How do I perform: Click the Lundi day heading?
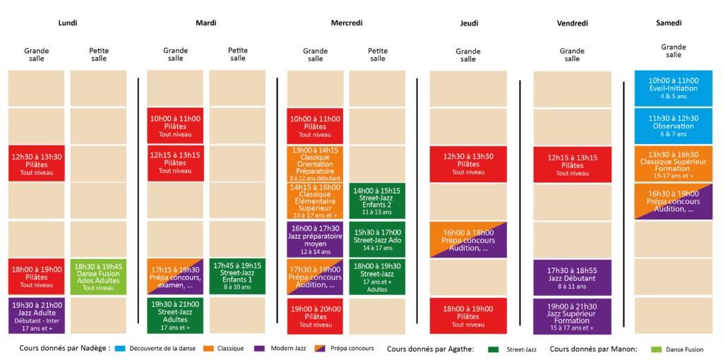pyautogui.click(x=67, y=23)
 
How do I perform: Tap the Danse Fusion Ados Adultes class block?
pyautogui.click(x=98, y=277)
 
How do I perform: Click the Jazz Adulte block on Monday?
pyautogui.click(x=37, y=316)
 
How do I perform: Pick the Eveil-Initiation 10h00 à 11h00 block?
pyautogui.click(x=674, y=88)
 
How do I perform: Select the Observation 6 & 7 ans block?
pyautogui.click(x=674, y=126)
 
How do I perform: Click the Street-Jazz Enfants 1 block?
pyautogui.click(x=237, y=276)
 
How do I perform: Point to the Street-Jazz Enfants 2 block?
pyautogui.click(x=377, y=201)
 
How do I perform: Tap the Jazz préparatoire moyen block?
pyautogui.click(x=315, y=239)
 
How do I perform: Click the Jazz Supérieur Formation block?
pyautogui.click(x=572, y=316)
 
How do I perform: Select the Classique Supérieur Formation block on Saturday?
pyautogui.click(x=674, y=164)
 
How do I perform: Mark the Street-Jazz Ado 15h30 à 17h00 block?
pyautogui.click(x=377, y=239)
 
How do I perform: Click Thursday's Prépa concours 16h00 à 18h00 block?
pyautogui.click(x=468, y=240)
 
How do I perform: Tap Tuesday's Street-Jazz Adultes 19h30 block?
pyautogui.click(x=175, y=316)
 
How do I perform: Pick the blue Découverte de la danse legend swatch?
pyautogui.click(x=119, y=349)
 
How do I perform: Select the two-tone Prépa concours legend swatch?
pyautogui.click(x=320, y=349)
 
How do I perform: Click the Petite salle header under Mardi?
pyautogui.click(x=238, y=54)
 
